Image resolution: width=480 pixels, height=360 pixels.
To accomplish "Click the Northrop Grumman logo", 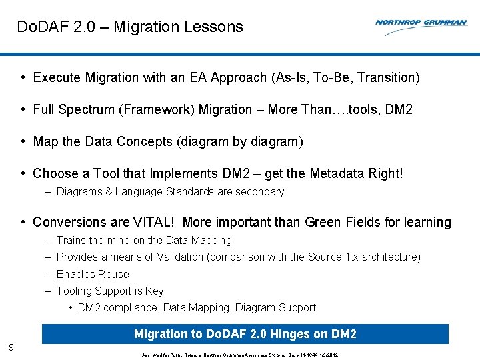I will (x=421, y=23).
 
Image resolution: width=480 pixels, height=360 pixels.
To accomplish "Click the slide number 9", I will (x=11, y=347).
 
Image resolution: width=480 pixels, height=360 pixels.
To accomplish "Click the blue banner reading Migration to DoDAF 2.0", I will (x=245, y=334).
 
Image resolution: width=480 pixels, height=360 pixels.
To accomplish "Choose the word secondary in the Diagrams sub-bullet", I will (x=258, y=192).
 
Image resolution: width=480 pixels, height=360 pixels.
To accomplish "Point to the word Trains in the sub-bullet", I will (x=71, y=241).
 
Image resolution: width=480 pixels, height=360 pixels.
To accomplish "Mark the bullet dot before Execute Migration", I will (x=23, y=78).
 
